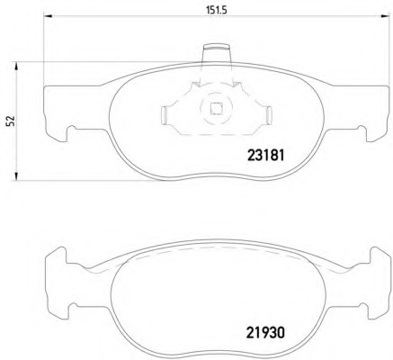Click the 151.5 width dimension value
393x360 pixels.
coord(217,11)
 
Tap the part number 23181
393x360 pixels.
coord(265,156)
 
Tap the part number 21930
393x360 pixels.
coord(265,332)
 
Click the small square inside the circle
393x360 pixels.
coord(216,108)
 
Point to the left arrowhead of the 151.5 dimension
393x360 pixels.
coord(48,15)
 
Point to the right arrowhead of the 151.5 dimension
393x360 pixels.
coord(385,15)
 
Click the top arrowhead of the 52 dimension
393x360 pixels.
coord(16,67)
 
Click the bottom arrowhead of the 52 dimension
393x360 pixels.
coord(16,176)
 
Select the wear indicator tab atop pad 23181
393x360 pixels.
coord(217,54)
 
